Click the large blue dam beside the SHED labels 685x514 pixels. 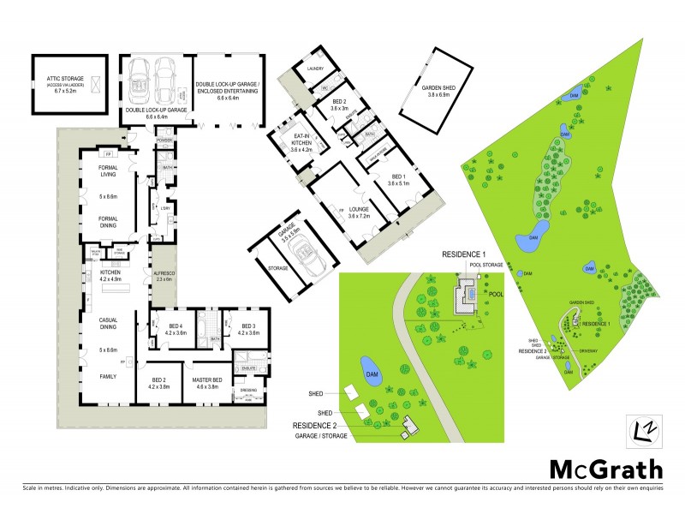click(372, 370)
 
